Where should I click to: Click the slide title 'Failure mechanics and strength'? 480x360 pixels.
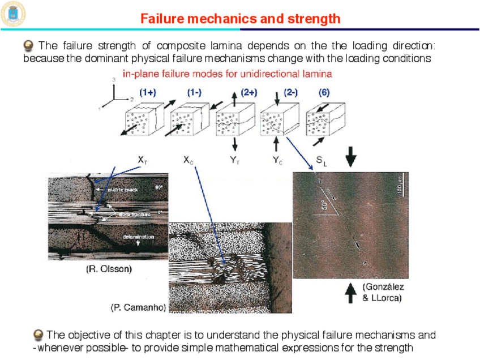(240, 19)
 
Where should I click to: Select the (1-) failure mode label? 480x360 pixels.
(194, 92)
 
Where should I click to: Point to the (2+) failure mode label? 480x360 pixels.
(249, 92)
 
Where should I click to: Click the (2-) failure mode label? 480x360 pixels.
(290, 92)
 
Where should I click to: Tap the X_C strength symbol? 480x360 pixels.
(188, 161)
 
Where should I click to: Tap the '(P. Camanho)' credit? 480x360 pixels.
(138, 308)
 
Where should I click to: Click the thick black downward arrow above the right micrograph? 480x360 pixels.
(351, 156)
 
